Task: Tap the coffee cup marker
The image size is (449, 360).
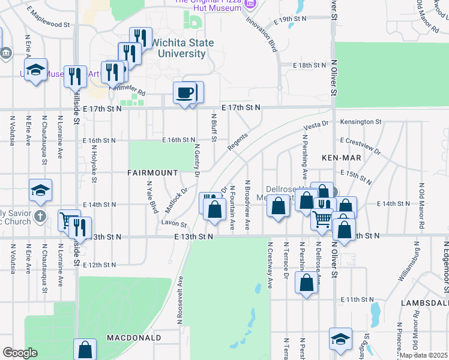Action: [185, 93]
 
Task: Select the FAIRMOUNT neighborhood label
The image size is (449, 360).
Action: [152, 173]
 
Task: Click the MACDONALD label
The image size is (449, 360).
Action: [134, 338]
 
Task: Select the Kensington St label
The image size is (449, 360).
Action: [361, 122]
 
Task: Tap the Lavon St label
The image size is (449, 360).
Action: [174, 224]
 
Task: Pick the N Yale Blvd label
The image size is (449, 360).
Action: [150, 199]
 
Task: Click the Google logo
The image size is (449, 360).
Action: [20, 353]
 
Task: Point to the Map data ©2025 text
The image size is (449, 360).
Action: [424, 355]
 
